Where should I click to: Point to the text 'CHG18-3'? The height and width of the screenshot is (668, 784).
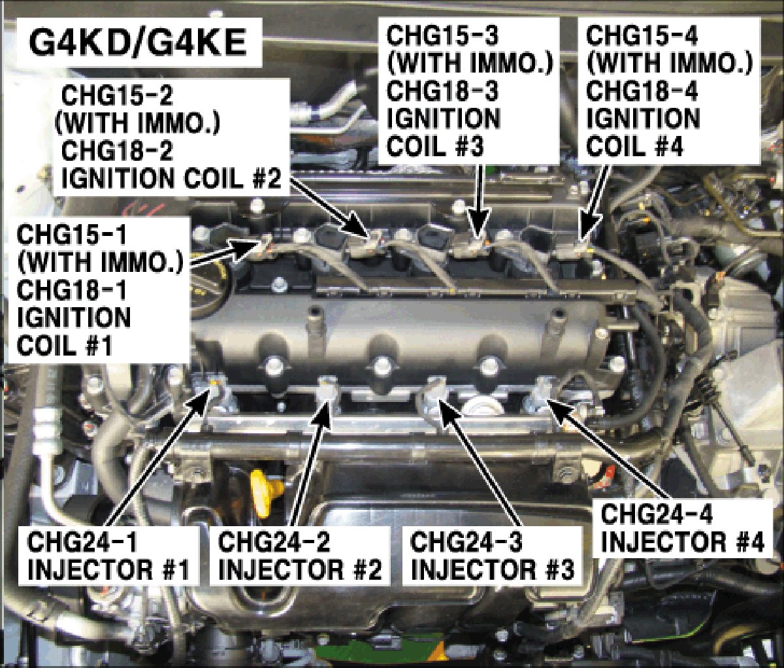442,92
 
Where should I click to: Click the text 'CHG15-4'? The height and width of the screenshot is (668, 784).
642,37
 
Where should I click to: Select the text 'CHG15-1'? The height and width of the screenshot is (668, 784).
72,236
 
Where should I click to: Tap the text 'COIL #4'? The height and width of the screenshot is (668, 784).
634,146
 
